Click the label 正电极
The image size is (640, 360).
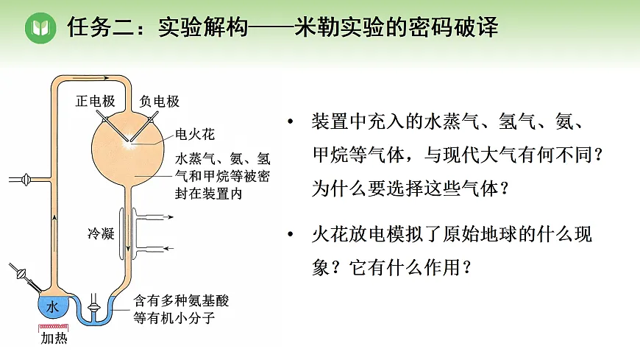[x=95, y=102]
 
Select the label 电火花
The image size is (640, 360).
[x=194, y=135]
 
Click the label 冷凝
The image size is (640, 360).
[x=101, y=234]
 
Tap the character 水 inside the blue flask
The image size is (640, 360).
[x=51, y=308]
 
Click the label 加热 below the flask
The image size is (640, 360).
[x=54, y=339]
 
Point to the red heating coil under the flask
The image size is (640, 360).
[x=52, y=326]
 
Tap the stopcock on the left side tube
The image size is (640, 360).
[x=27, y=178]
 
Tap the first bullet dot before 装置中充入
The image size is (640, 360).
[x=293, y=121]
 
